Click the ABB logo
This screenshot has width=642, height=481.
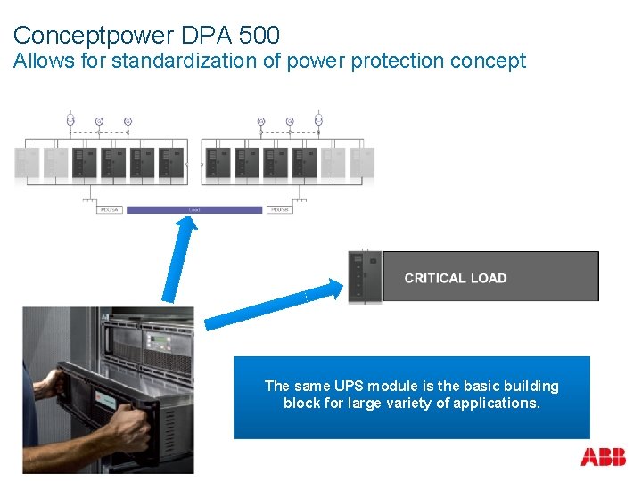point(603,458)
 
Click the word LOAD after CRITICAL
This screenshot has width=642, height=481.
point(488,278)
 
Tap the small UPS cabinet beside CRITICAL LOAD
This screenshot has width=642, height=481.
point(365,277)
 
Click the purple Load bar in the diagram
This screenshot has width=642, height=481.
point(195,210)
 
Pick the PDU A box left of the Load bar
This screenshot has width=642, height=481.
point(111,210)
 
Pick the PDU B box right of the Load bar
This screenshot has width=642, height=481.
point(278,210)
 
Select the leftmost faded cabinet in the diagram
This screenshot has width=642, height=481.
point(27,162)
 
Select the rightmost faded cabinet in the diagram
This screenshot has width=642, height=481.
point(362,162)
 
